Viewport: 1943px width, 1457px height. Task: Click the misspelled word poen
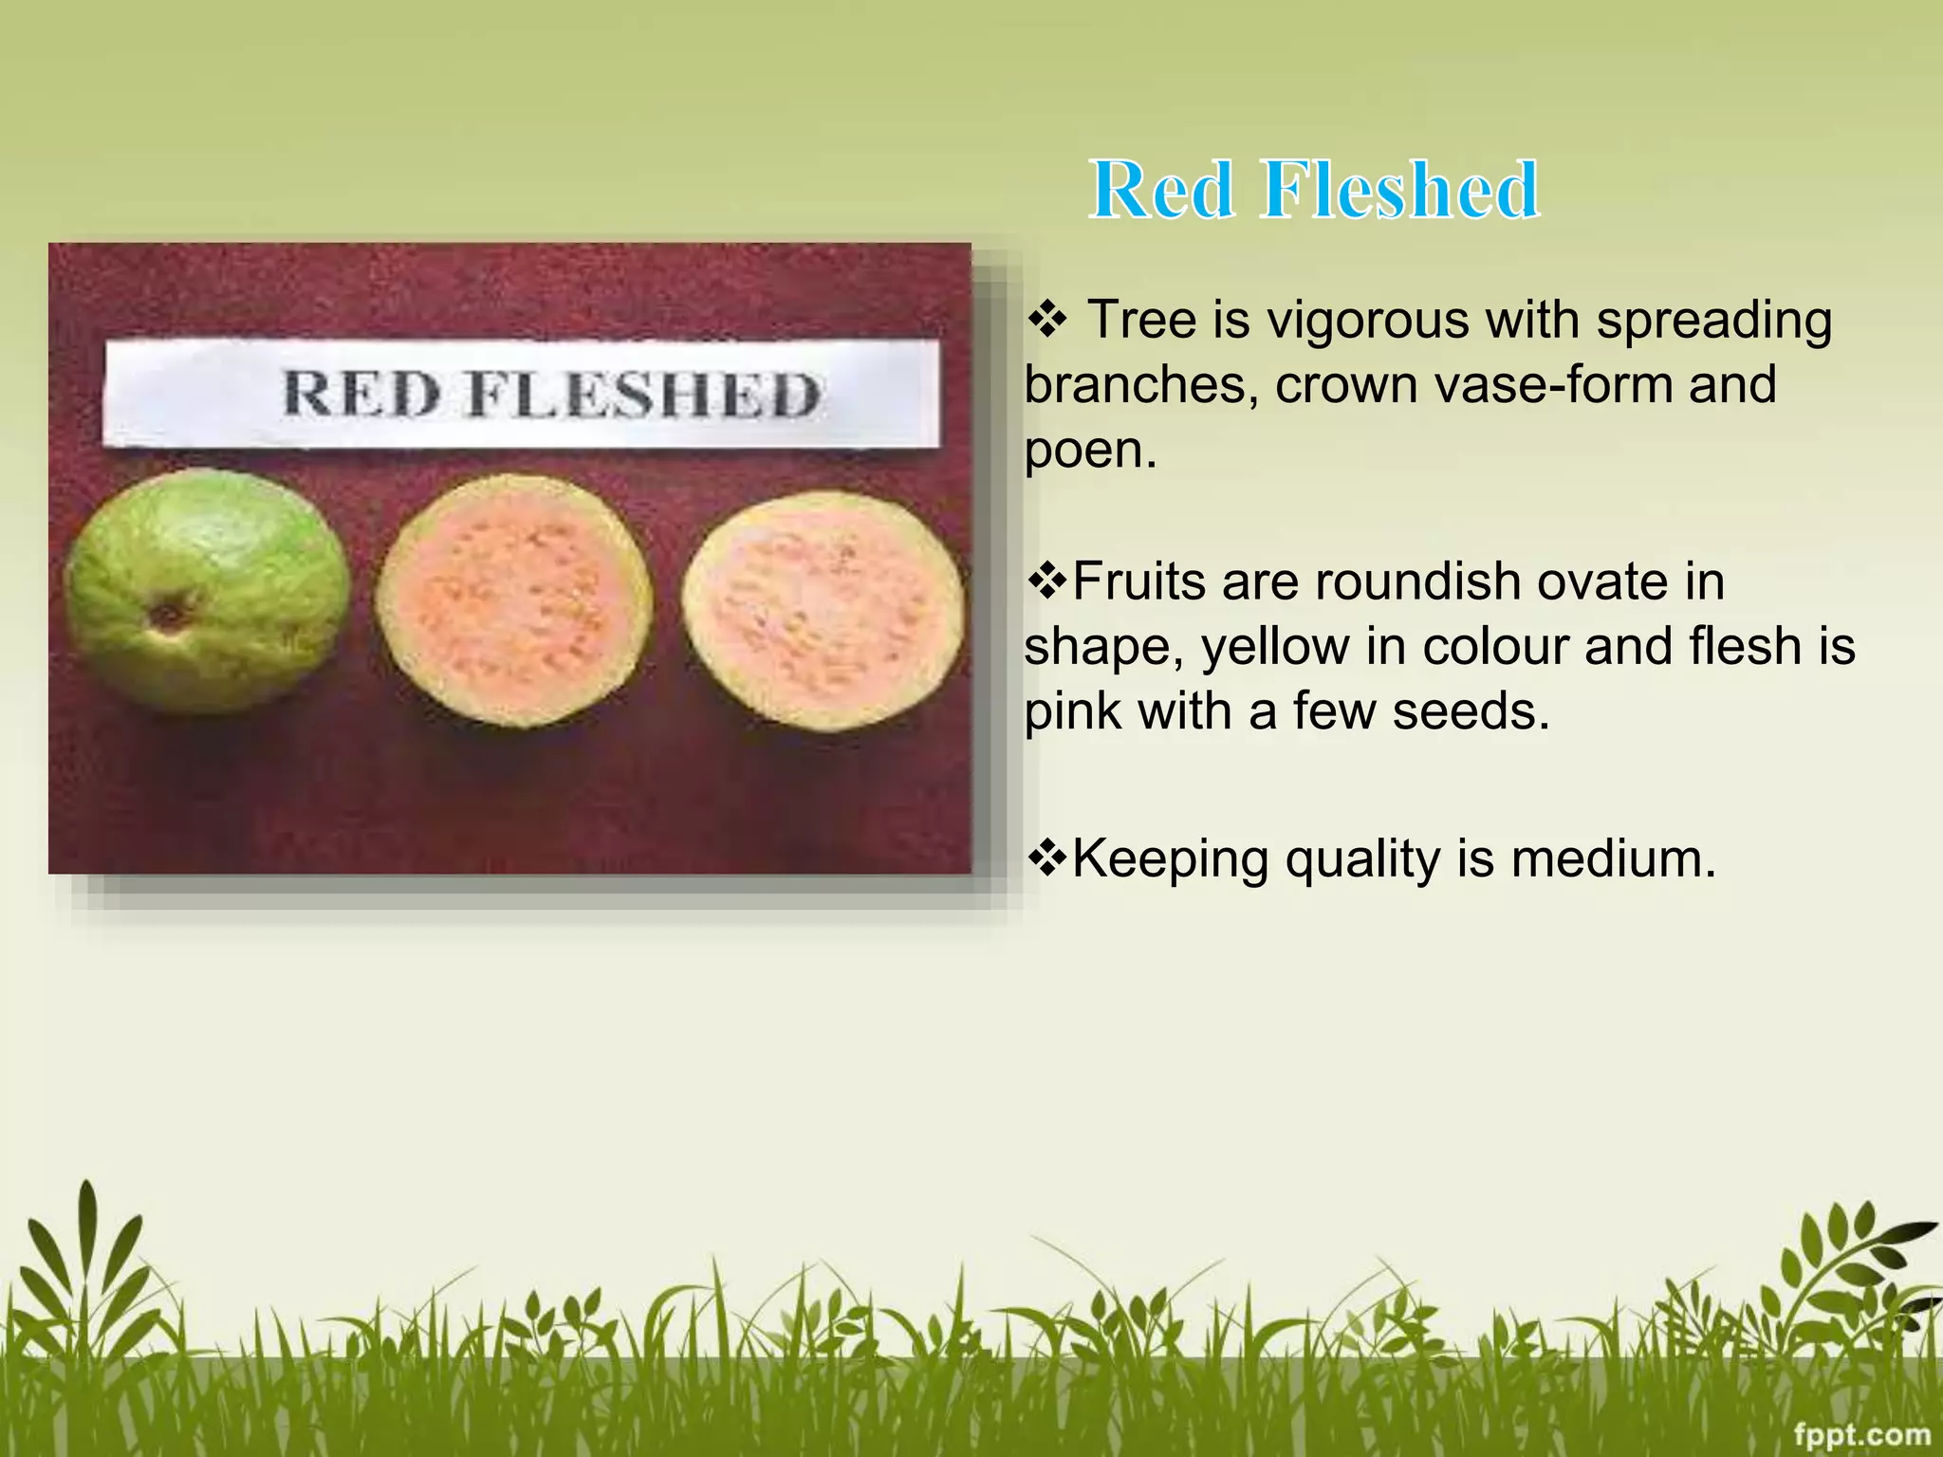click(1090, 450)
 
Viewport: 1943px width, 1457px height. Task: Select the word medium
click(1613, 859)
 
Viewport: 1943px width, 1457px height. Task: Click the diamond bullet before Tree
click(1047, 321)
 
